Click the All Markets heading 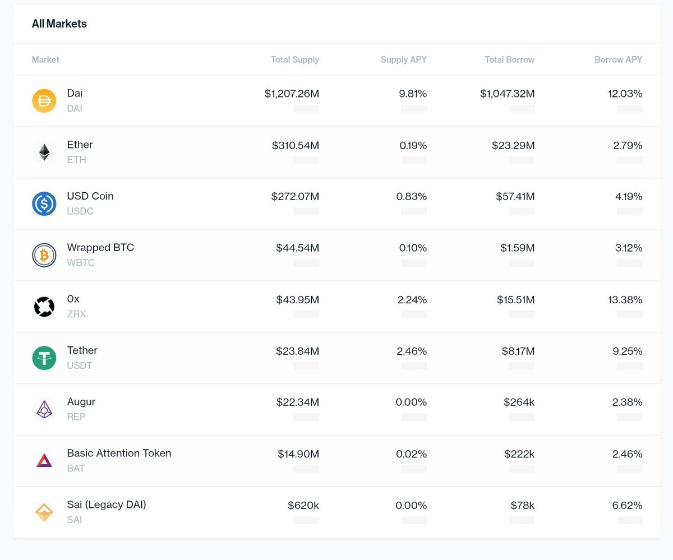59,24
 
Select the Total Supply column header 294,59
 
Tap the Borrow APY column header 618,59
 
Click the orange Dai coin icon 44,101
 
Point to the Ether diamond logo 44,152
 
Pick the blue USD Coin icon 44,203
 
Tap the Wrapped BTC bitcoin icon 44,255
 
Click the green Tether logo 44,358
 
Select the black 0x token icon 44,307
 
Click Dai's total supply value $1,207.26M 292,94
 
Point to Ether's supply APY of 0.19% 413,145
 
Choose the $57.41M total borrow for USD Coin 515,197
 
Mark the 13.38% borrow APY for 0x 624,300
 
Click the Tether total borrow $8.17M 518,351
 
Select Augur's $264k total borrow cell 519,402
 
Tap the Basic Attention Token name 119,453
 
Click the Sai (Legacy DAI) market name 107,505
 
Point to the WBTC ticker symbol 81,262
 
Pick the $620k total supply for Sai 303,506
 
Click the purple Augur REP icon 44,410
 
